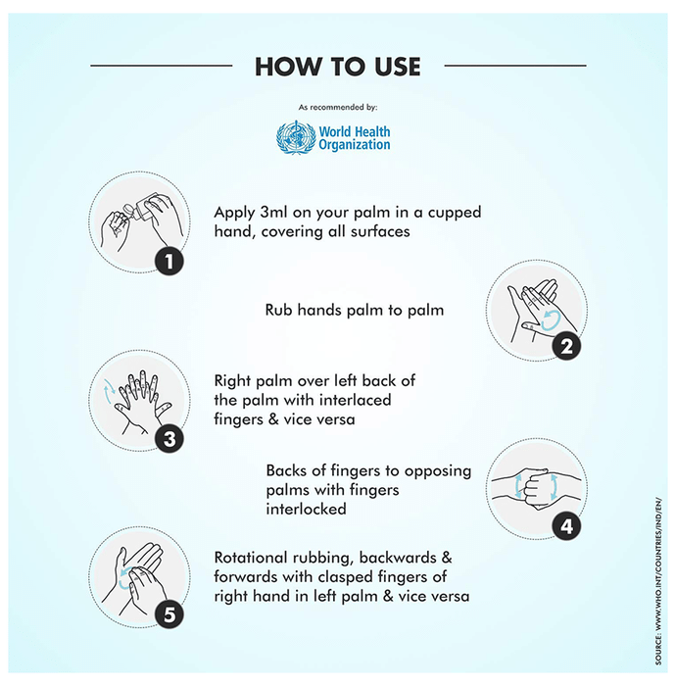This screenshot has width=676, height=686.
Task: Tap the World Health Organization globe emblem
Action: coord(296,138)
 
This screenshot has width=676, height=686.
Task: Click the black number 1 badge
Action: coord(169,262)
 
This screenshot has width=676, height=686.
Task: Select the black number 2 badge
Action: coord(566,347)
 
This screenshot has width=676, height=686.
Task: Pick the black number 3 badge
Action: coord(169,439)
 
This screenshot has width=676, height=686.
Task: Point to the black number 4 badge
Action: coord(566,526)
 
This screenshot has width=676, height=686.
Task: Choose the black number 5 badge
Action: coord(169,614)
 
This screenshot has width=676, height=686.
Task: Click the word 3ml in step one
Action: coord(274,213)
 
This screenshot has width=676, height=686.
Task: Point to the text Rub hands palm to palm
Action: coord(355,311)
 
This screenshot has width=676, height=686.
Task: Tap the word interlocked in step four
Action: coord(306,510)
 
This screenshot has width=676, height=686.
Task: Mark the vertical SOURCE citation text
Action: coord(658,581)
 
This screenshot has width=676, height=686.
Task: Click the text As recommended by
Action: coord(338,107)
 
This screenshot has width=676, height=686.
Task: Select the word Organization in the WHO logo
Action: coord(355,145)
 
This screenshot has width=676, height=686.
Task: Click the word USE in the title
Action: coord(398,67)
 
